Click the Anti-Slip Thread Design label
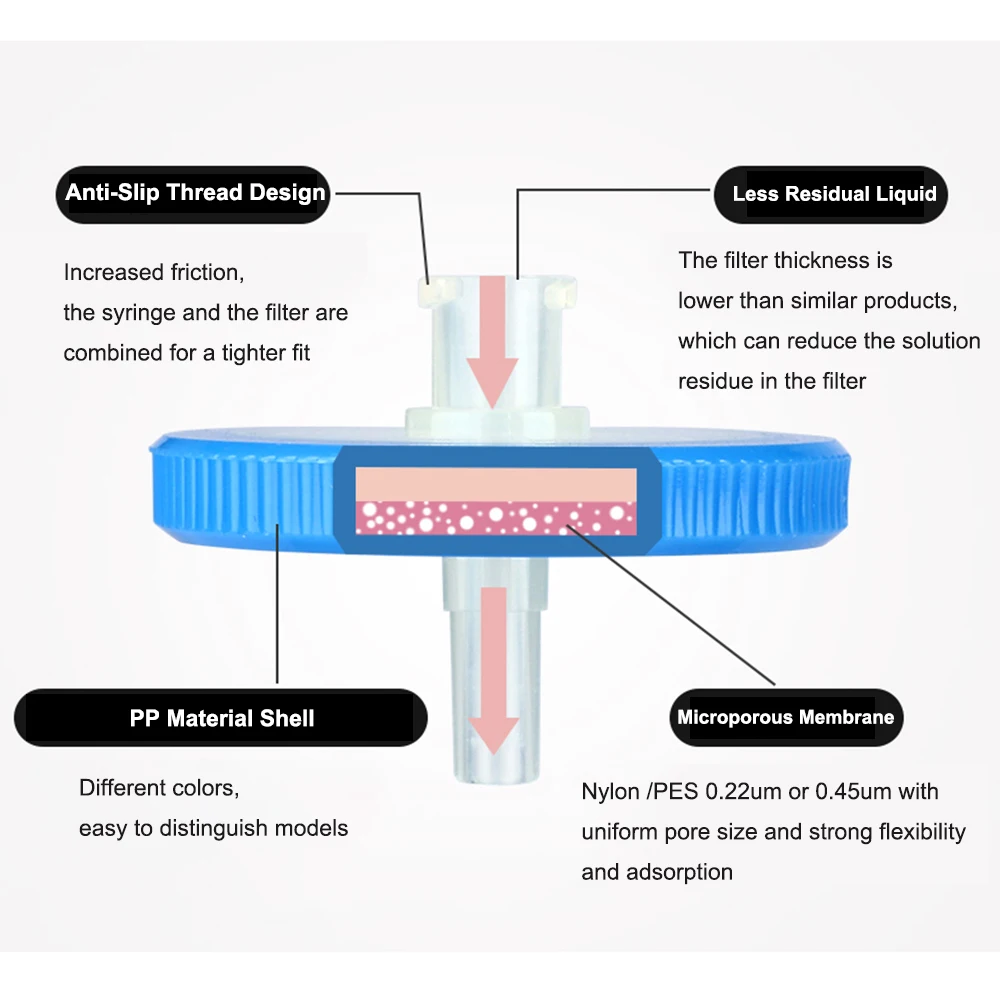point(195,193)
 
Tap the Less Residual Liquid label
point(833,194)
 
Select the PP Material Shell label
point(221,718)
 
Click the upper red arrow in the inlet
point(492,340)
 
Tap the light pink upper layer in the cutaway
point(496,483)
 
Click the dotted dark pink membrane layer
point(496,517)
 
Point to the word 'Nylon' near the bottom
point(611,792)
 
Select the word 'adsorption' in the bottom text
point(679,872)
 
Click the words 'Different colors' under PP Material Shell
point(159,787)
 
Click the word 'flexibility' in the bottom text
point(921,832)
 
